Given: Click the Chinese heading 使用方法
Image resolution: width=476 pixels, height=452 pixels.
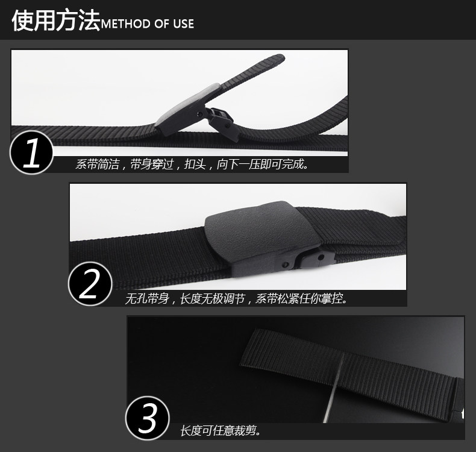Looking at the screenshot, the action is coord(56,20).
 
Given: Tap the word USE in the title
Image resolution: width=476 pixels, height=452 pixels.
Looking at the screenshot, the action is coord(183,24).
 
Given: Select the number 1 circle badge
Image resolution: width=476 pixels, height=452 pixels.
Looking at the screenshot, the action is coord(31,152).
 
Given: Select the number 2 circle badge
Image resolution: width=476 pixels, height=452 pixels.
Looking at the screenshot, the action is coord(90,284).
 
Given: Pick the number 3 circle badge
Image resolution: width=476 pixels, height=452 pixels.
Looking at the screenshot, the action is coord(148,418).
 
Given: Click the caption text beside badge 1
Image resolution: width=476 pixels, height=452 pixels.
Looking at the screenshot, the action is coord(192,164).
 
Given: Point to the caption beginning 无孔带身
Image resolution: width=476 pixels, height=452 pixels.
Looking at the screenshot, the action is coord(236,299).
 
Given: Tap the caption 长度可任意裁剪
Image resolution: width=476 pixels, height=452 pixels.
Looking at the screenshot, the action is coord(221,431).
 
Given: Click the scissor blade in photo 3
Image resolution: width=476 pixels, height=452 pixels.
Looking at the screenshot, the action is coord(333,389).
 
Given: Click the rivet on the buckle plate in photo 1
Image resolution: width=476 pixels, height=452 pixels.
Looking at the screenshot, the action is coord(199,114).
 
